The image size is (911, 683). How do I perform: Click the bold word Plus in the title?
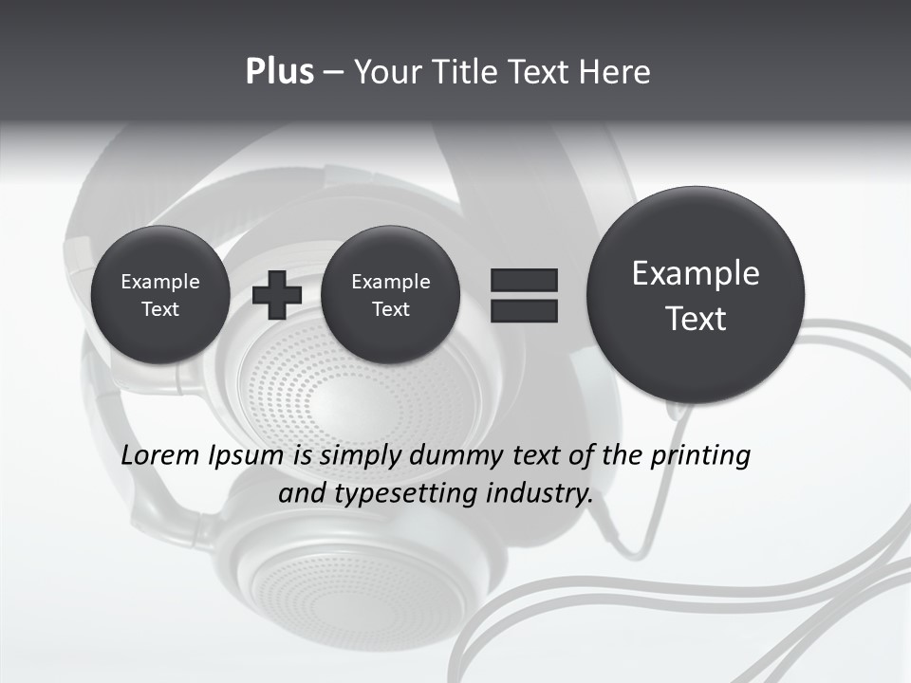pos(279,72)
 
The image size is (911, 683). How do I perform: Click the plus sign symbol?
pos(277,295)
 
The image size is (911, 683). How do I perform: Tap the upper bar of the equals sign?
pos(524,280)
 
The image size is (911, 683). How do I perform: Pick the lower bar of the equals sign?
pos(524,310)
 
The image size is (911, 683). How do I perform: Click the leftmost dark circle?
pos(159,294)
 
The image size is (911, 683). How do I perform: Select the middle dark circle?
pos(390,294)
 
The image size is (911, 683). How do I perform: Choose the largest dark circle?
pos(696,295)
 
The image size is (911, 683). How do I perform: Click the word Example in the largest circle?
pos(696,273)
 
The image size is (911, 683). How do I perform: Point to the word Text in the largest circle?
pos(696,319)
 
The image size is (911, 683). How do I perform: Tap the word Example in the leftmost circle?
pos(159,282)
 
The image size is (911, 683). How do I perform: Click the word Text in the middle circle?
pos(390,309)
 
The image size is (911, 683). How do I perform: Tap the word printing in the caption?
pos(700,455)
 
